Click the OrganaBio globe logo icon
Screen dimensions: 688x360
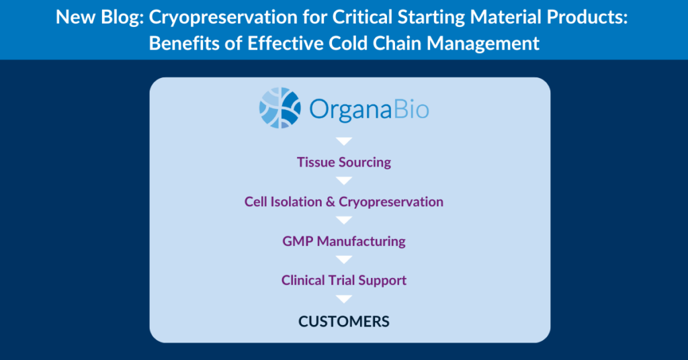(x=280, y=108)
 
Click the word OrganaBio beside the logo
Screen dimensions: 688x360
(x=369, y=109)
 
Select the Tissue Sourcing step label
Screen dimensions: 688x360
(x=344, y=163)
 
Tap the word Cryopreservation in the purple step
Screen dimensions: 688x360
(x=391, y=202)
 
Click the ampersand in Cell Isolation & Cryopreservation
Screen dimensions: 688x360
(x=331, y=201)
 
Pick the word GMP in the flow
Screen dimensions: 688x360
(x=298, y=241)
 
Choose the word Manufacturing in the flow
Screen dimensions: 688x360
(x=361, y=242)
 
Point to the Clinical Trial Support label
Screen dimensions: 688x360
(x=344, y=280)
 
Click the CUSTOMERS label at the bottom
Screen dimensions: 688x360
(x=344, y=322)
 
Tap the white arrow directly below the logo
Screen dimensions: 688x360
(x=344, y=141)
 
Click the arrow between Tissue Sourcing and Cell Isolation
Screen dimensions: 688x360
(x=344, y=181)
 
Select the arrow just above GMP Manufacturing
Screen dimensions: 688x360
(x=344, y=220)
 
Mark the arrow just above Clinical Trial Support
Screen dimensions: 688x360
(x=344, y=259)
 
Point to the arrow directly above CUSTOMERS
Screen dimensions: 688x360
(x=344, y=299)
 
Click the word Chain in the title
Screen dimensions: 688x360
(x=398, y=44)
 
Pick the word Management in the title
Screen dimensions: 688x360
(x=483, y=44)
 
